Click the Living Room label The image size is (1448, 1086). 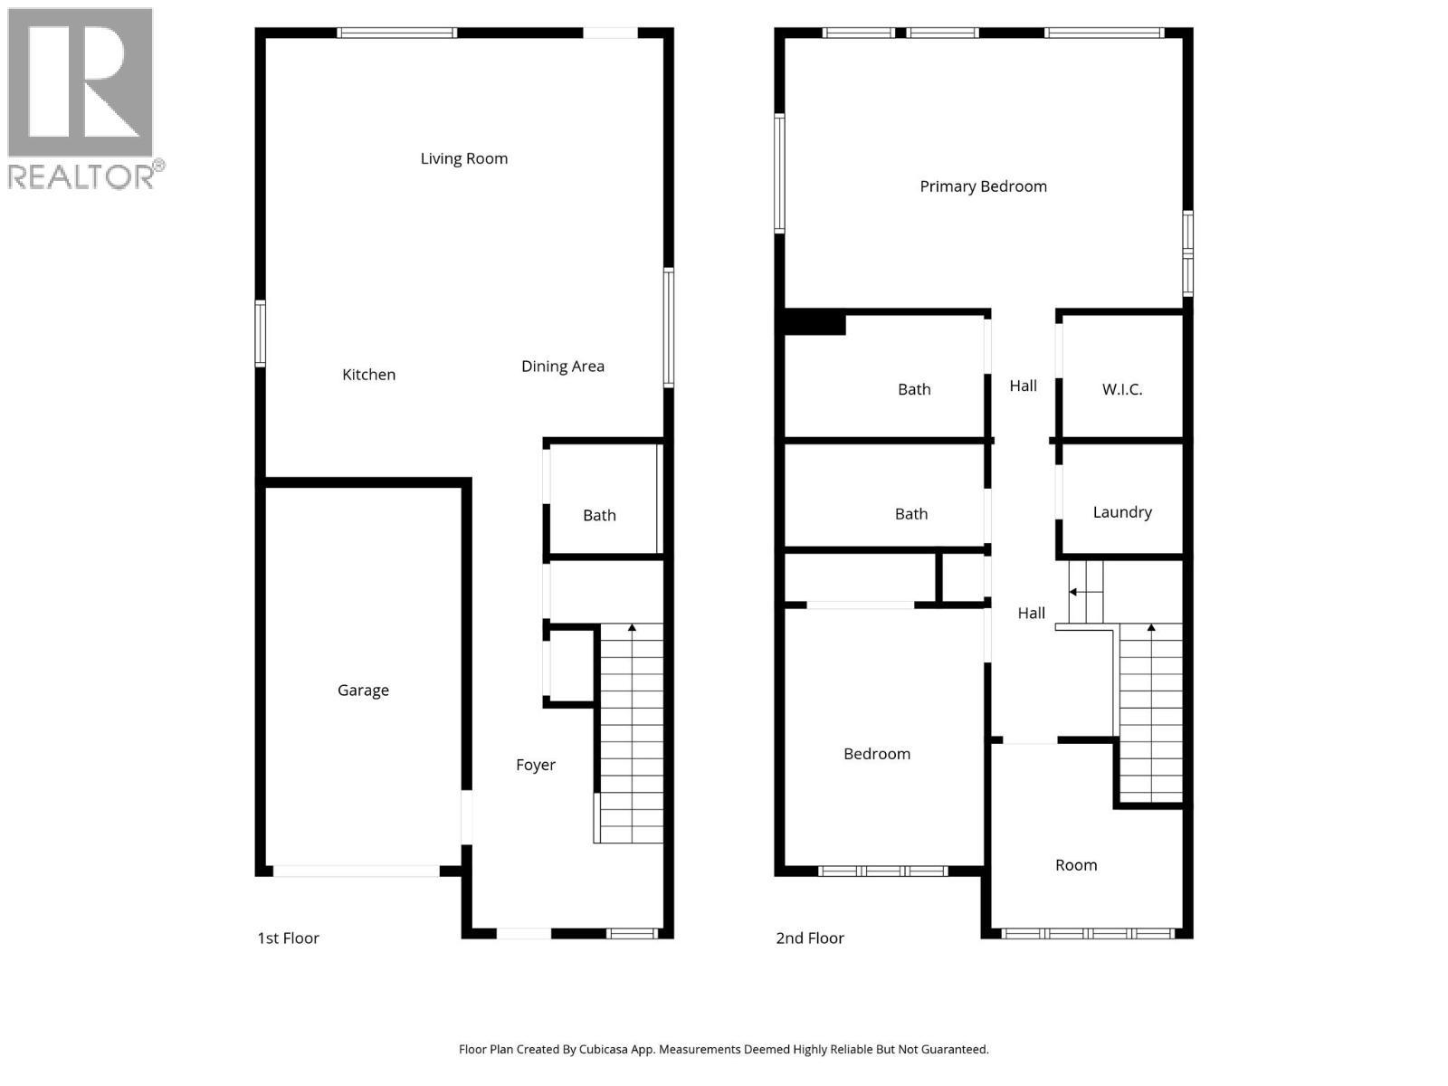pyautogui.click(x=463, y=158)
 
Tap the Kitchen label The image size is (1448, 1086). pyautogui.click(x=368, y=375)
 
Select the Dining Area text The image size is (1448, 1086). pyautogui.click(x=562, y=367)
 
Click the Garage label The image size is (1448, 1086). pyautogui.click(x=363, y=691)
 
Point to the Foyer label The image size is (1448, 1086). pyautogui.click(x=536, y=765)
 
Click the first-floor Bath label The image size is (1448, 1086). pyautogui.click(x=599, y=516)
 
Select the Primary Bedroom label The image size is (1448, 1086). pyautogui.click(x=983, y=186)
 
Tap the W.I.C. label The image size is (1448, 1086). pyautogui.click(x=1122, y=390)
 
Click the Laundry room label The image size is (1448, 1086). pyautogui.click(x=1122, y=512)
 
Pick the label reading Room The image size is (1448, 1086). pyautogui.click(x=1076, y=865)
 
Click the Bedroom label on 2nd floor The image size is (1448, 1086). pyautogui.click(x=876, y=754)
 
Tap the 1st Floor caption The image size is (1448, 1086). pyautogui.click(x=288, y=938)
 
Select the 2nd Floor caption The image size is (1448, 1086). pyautogui.click(x=809, y=938)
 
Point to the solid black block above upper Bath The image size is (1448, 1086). pyautogui.click(x=814, y=323)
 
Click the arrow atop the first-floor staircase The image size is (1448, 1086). pyautogui.click(x=632, y=626)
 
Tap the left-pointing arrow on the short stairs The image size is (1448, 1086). pyautogui.click(x=1074, y=592)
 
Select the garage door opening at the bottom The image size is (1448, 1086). pyautogui.click(x=357, y=872)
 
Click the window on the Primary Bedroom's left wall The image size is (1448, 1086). pyautogui.click(x=779, y=173)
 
